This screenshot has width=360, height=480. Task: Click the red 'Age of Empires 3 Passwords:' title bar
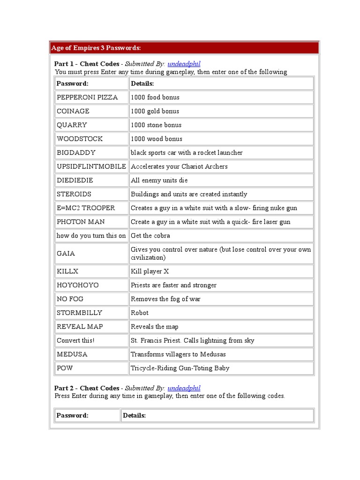click(x=184, y=48)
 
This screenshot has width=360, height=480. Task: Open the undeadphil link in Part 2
click(x=184, y=388)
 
